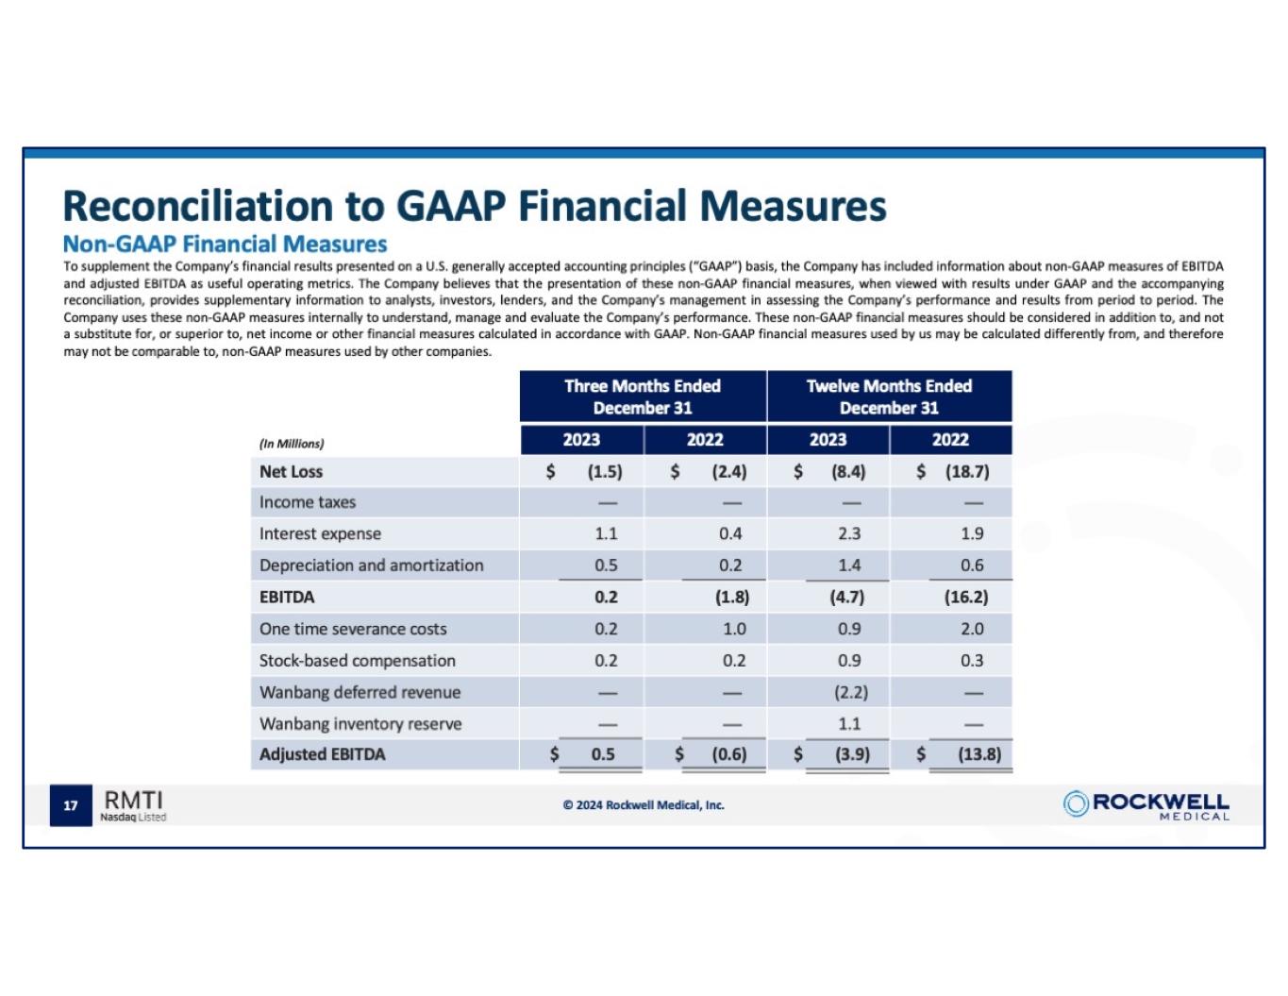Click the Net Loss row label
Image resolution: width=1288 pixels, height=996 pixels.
[x=291, y=472]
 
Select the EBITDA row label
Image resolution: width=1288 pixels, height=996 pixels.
[x=287, y=598]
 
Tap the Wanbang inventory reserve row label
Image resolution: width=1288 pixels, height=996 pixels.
[x=360, y=724]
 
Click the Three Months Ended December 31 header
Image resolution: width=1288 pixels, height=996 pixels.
[x=643, y=397]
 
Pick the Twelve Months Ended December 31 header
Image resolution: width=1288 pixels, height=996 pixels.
[x=889, y=397]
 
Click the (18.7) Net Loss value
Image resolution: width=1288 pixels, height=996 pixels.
[x=967, y=472]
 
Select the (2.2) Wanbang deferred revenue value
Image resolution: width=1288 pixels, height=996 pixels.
[x=850, y=692]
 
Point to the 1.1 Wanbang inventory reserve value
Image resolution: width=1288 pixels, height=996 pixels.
[x=849, y=724]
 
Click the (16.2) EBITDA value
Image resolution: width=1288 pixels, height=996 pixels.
[x=966, y=598]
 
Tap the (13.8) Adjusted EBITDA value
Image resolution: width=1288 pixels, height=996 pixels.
[x=979, y=754]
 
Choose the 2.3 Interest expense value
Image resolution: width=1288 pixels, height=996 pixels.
[x=849, y=534]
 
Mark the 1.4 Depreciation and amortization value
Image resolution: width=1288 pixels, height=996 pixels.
[x=849, y=566]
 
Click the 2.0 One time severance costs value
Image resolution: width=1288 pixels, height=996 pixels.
[x=972, y=629]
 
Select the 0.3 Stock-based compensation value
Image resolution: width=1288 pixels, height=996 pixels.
[x=972, y=661]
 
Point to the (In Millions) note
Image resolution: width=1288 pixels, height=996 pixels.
[x=292, y=444]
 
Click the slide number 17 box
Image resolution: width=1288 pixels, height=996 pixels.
[x=71, y=805]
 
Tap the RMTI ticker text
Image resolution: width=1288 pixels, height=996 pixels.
[x=133, y=801]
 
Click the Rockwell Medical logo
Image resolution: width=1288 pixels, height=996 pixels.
[x=1146, y=805]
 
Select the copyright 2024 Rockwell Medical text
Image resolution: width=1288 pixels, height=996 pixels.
[x=644, y=805]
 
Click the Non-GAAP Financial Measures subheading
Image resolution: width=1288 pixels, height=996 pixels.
[x=225, y=245]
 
